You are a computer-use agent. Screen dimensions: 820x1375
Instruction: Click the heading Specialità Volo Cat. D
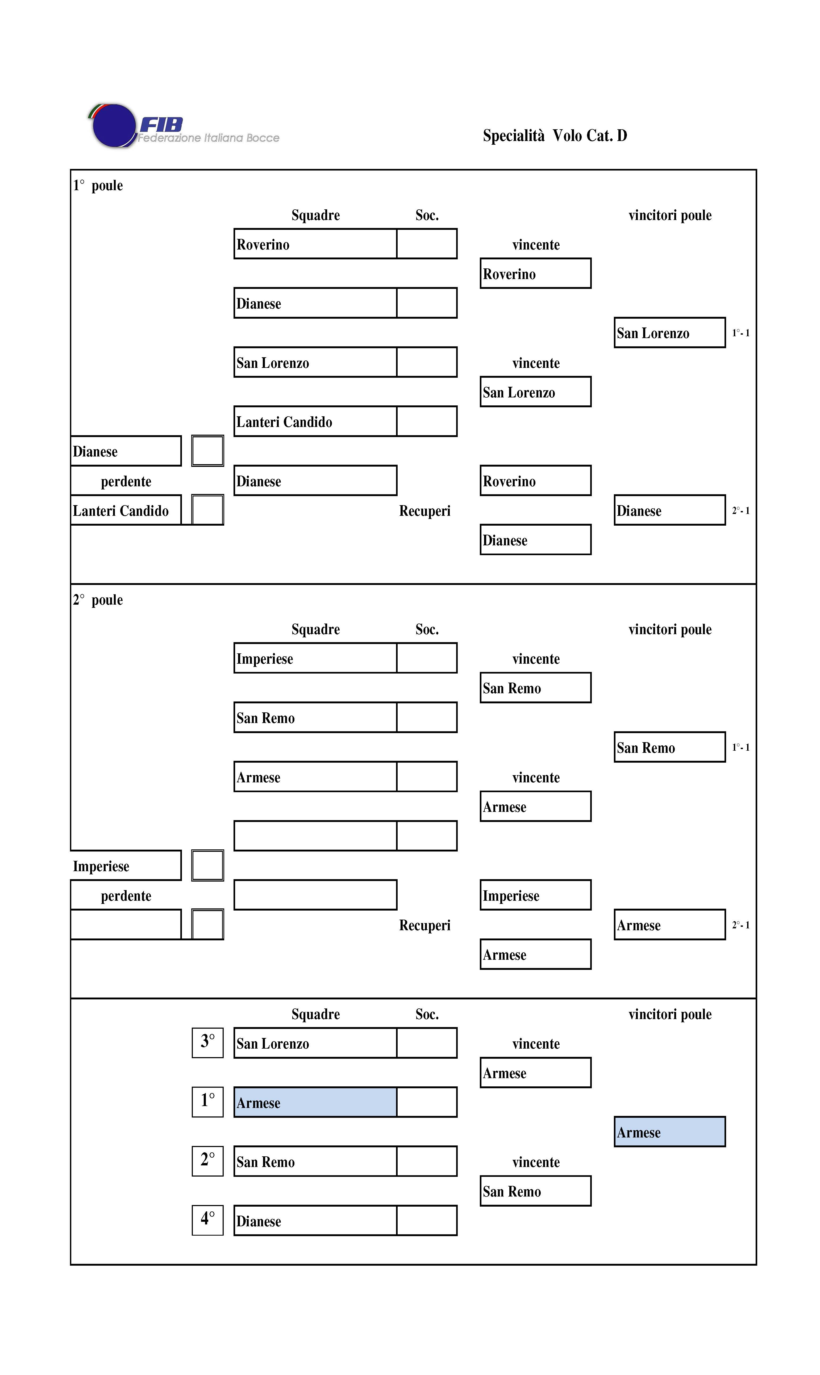555,135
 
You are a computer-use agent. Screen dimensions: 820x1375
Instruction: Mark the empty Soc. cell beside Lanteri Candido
427,421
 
